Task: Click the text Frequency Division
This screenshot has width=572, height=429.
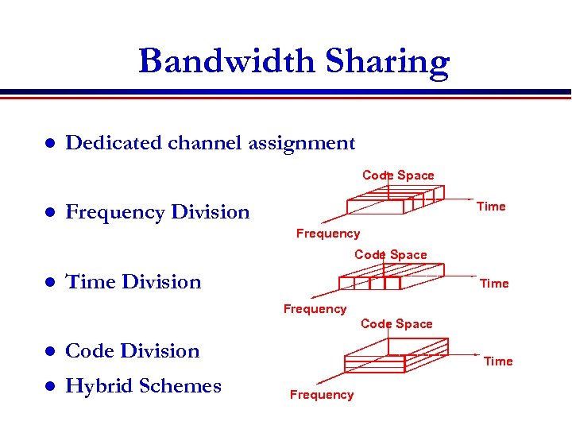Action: tap(157, 212)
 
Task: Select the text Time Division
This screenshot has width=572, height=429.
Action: tap(133, 282)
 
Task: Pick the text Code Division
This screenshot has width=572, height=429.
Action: tap(132, 350)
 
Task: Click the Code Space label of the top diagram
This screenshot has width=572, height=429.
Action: tap(398, 175)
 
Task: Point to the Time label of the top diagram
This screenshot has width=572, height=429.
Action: tap(491, 207)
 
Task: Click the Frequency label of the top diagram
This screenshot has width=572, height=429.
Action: tap(327, 234)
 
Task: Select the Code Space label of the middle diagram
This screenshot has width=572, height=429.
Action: tap(390, 255)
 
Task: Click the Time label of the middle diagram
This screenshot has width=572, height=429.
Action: tap(494, 284)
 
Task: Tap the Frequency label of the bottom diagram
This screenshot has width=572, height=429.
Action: tap(322, 395)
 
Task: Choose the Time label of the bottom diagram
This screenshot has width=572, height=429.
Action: tap(498, 361)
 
